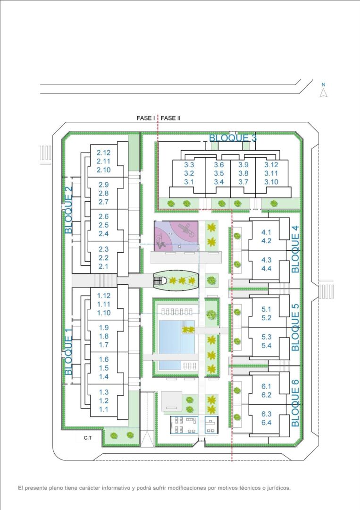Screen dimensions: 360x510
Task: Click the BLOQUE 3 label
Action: pyautogui.click(x=233, y=138)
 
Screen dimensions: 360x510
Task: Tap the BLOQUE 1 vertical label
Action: pyautogui.click(x=68, y=351)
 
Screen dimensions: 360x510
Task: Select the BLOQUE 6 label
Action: pyautogui.click(x=295, y=403)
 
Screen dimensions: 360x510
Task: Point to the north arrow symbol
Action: pyautogui.click(x=323, y=93)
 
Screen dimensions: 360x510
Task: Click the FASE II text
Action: pyautogui.click(x=171, y=118)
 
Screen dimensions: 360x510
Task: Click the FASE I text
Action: pyautogui.click(x=146, y=118)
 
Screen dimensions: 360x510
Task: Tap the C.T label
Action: pyautogui.click(x=88, y=438)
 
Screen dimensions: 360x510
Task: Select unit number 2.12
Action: pyautogui.click(x=104, y=153)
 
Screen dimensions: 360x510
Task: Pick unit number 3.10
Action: pyautogui.click(x=271, y=182)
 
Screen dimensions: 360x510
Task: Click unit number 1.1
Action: pyautogui.click(x=104, y=409)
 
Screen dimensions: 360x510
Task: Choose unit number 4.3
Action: pyautogui.click(x=267, y=260)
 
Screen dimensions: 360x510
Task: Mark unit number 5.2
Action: pyautogui.click(x=267, y=318)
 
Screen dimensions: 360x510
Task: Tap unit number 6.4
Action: pyautogui.click(x=267, y=423)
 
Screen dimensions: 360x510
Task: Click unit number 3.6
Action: pyautogui.click(x=218, y=165)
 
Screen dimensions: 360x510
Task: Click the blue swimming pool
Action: pyautogui.click(x=177, y=345)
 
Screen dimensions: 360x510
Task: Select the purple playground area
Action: pyautogui.click(x=176, y=236)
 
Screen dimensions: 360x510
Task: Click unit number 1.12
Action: pyautogui.click(x=104, y=296)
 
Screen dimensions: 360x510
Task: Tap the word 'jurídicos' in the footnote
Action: pyautogui.click(x=278, y=488)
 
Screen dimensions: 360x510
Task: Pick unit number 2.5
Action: pyautogui.click(x=104, y=225)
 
